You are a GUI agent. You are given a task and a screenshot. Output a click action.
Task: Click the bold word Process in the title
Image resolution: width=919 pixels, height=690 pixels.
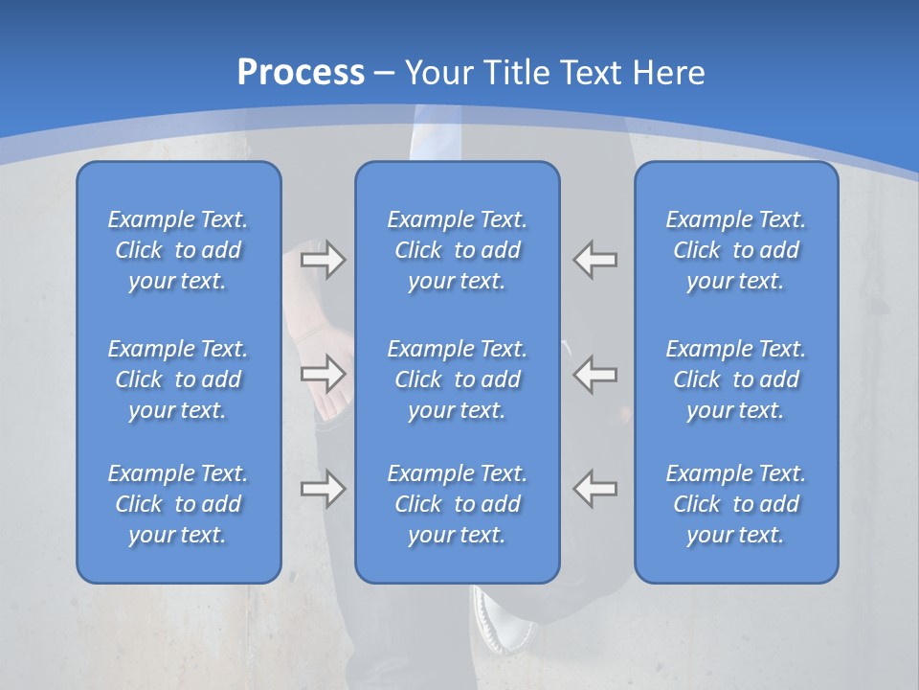[x=301, y=73]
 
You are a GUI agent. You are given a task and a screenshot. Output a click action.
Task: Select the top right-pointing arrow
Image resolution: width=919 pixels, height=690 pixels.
[x=324, y=260]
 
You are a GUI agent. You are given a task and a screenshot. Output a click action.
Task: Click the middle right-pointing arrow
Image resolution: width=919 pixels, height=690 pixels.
[x=324, y=374]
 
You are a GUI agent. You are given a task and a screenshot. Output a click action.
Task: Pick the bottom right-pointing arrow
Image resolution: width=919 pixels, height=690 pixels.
[x=324, y=489]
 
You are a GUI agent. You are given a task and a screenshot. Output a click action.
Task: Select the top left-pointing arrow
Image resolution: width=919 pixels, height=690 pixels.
[x=595, y=260]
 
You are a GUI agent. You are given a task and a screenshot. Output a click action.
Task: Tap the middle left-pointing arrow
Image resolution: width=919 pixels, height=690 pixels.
[x=595, y=374]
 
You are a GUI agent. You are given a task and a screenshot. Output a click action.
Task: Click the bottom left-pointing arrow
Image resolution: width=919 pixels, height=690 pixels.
[x=595, y=489]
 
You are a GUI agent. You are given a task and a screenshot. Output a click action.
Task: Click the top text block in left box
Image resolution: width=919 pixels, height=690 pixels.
[x=178, y=250]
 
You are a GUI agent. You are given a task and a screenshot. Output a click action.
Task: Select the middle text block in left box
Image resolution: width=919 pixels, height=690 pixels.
[x=178, y=379]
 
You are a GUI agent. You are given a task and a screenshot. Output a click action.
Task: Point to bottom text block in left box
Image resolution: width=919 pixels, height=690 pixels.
[x=178, y=504]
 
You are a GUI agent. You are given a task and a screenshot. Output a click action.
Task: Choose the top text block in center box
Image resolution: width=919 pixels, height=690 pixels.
[x=458, y=250]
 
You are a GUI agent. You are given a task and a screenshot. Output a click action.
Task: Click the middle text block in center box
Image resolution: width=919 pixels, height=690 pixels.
[x=458, y=379]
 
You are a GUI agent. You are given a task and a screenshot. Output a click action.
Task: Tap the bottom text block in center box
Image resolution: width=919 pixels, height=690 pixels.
[x=458, y=504]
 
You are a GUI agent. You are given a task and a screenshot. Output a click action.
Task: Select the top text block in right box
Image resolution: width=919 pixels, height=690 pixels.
[x=736, y=250]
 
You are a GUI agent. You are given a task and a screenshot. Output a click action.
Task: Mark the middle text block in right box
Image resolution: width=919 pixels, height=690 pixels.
[x=736, y=379]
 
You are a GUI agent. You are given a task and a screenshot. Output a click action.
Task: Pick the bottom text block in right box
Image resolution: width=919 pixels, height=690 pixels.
[x=736, y=504]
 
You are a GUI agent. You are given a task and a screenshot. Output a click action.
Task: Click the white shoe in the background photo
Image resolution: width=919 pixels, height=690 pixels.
[x=502, y=618]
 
